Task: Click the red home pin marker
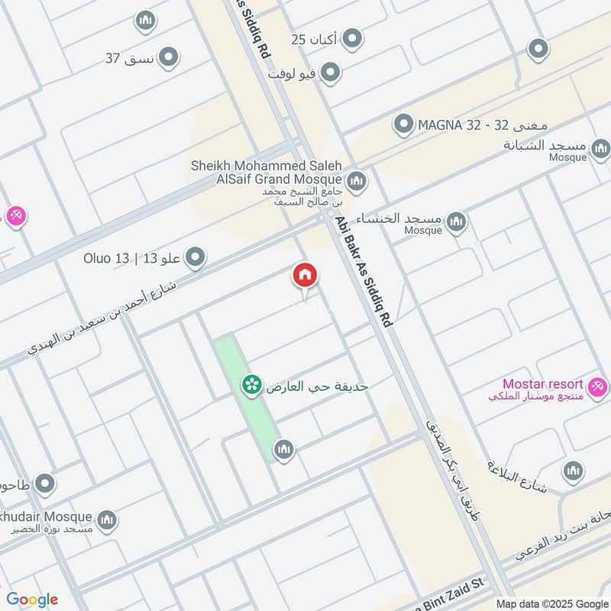[305, 276]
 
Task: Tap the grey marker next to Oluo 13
[196, 257]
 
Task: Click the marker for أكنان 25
[351, 37]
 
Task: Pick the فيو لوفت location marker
[330, 73]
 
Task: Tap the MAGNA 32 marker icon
[402, 123]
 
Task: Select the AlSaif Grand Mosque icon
[355, 182]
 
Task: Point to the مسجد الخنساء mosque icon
[456, 222]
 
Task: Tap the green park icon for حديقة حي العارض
[250, 386]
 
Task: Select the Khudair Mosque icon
[107, 519]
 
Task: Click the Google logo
[31, 600]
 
